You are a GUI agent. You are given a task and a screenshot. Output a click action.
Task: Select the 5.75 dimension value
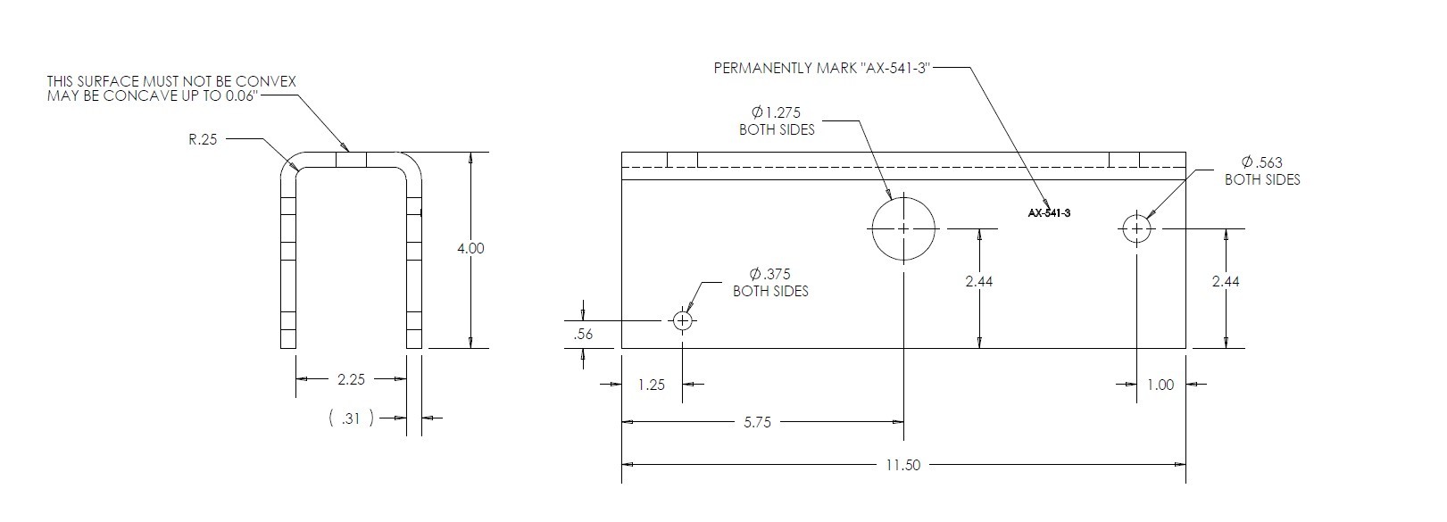click(x=757, y=422)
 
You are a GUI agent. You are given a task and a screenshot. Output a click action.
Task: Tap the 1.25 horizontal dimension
click(x=652, y=385)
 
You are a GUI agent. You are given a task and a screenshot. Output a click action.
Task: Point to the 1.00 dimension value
click(x=1160, y=385)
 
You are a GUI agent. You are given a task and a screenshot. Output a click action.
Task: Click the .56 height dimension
click(x=584, y=335)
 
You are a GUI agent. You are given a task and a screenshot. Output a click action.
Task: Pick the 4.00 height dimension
click(x=470, y=248)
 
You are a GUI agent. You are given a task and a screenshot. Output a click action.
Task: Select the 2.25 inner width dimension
click(x=351, y=379)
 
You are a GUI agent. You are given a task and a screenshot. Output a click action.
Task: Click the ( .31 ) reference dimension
click(x=351, y=418)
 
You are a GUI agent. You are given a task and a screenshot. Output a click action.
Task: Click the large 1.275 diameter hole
click(x=903, y=228)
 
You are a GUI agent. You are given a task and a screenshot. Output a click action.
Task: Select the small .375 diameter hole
click(x=683, y=320)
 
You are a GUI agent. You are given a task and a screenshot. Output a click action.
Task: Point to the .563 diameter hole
click(x=1136, y=228)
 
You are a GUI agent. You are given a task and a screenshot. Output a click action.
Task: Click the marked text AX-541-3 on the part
click(x=1049, y=213)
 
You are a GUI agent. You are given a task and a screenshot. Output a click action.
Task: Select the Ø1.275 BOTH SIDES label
click(x=777, y=120)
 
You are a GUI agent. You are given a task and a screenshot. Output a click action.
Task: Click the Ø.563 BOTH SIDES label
click(x=1261, y=170)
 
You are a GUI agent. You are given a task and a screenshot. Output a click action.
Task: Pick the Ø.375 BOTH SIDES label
click(x=770, y=282)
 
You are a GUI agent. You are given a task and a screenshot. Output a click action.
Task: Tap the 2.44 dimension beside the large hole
click(x=979, y=281)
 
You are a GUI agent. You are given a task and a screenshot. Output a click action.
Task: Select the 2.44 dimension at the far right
click(x=1226, y=281)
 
